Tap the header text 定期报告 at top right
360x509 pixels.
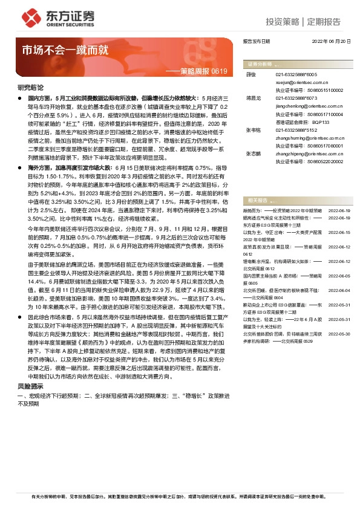point(324,22)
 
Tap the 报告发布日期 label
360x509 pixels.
point(257,41)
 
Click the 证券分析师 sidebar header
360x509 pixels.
point(258,63)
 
